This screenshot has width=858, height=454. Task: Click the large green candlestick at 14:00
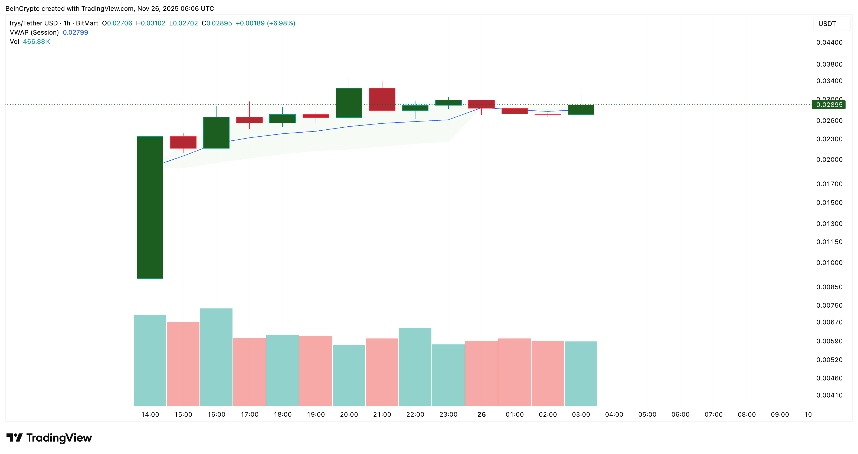click(150, 207)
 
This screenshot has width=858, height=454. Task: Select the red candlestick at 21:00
click(382, 99)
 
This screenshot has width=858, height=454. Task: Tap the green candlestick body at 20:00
click(349, 103)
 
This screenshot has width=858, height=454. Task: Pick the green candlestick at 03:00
click(581, 110)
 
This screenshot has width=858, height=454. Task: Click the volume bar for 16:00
click(216, 357)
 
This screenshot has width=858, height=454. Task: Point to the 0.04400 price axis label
click(829, 42)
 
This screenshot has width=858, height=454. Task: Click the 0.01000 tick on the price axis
click(829, 263)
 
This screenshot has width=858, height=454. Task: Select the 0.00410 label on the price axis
click(829, 395)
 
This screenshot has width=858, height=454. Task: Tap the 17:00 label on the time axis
click(250, 414)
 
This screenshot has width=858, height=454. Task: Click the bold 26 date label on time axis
click(481, 414)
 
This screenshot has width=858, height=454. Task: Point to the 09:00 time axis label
click(780, 414)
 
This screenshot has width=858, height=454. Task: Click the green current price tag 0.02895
click(829, 105)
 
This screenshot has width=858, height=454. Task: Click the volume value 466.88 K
click(36, 42)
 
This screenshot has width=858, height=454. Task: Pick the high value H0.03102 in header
click(150, 23)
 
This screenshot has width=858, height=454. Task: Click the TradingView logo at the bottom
click(49, 438)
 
